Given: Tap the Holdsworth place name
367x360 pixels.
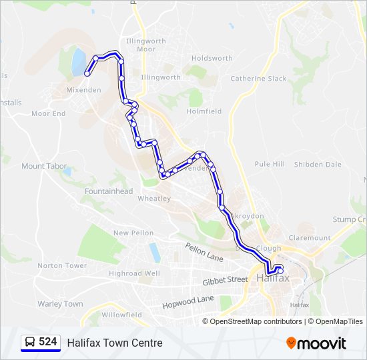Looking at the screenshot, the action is coord(212,58).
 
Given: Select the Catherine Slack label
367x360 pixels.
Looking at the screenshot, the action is coord(258,78).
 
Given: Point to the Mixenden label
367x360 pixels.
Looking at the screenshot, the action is coord(83,89).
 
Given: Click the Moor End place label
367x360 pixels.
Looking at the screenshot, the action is coord(49,113).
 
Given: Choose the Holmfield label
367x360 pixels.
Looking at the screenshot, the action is coord(204,111).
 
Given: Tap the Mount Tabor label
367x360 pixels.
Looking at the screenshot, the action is coord(42,166).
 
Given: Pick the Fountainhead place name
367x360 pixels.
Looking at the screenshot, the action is coord(109,191).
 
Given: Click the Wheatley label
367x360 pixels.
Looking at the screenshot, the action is coord(154,198).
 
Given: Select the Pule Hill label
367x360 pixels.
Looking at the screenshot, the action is coord(270,164).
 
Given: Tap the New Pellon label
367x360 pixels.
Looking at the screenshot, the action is coord(133,233).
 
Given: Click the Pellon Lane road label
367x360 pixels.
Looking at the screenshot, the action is coord(204,251).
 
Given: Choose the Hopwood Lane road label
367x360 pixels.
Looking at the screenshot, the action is coord(188,302).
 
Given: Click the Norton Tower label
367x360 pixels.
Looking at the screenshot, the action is coord(62,265).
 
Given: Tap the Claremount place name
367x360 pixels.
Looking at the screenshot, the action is coord(309,237).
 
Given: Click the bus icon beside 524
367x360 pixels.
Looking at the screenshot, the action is coord(30,343).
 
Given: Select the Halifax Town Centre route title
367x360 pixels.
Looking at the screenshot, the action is coord(114,343).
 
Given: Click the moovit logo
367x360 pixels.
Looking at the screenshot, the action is coord(316,343).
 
